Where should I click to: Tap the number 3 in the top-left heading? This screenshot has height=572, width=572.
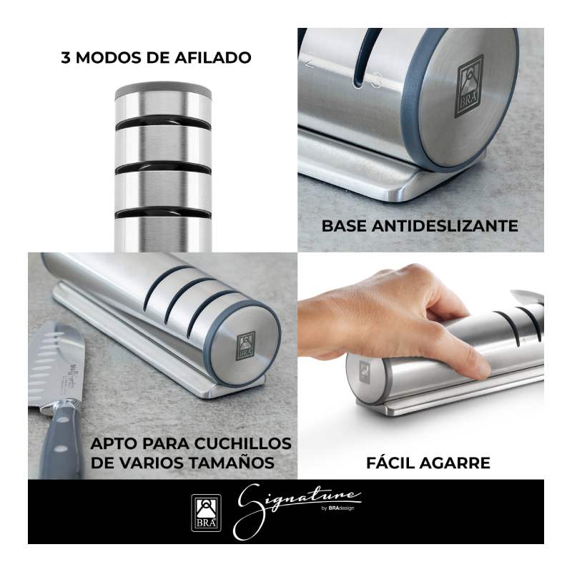click(65, 58)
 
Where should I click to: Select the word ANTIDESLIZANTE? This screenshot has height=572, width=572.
click(445, 226)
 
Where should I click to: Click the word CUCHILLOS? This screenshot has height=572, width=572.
click(242, 443)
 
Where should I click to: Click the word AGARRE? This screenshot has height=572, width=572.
click(455, 463)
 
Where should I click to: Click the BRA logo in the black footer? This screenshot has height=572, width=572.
click(206, 512)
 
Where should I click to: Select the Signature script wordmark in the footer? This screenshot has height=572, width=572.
click(297, 511)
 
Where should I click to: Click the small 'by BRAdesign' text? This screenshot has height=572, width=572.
click(338, 508)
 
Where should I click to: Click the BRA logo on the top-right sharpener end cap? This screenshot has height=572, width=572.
click(470, 86)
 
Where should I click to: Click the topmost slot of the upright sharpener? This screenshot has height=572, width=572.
click(163, 122)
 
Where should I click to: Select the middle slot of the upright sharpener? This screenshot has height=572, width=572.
click(163, 167)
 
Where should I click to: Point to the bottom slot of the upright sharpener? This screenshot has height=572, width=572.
click(163, 213)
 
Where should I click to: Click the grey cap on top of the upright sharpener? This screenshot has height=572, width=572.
click(163, 90)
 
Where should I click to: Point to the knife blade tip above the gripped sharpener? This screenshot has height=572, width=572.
click(512, 292)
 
